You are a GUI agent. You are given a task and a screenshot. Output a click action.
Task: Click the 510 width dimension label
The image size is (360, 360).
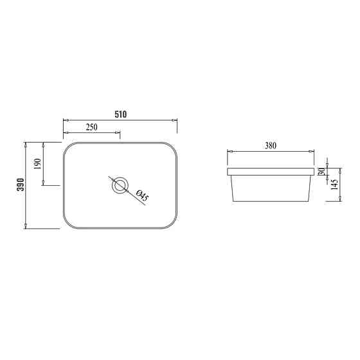[x=120, y=114]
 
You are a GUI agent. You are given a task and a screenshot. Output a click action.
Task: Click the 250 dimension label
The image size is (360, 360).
[x=91, y=127]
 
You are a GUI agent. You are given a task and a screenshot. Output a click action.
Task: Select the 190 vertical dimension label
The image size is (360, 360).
[x=37, y=163]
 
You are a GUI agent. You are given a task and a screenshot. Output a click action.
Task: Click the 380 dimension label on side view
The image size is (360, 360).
[x=271, y=146]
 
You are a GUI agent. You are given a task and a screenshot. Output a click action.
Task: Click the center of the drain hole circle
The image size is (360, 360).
[x=120, y=186]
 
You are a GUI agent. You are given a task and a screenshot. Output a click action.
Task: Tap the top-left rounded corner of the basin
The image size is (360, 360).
[x=67, y=146]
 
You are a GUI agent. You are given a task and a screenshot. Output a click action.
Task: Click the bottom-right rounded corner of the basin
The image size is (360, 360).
[x=172, y=224]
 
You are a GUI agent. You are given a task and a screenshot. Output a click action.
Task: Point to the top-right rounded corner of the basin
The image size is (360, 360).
[x=172, y=146]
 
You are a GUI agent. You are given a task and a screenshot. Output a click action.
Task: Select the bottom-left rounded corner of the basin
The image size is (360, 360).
[x=67, y=224]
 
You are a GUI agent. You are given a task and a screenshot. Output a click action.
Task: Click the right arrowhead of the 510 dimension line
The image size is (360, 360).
[x=175, y=120]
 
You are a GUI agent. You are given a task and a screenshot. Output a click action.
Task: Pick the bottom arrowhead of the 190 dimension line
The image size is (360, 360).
[x=43, y=184]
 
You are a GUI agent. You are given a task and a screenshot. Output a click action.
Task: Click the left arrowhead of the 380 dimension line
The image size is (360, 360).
[x=228, y=152]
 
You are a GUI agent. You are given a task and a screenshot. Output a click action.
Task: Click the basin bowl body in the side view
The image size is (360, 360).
[x=271, y=190]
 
